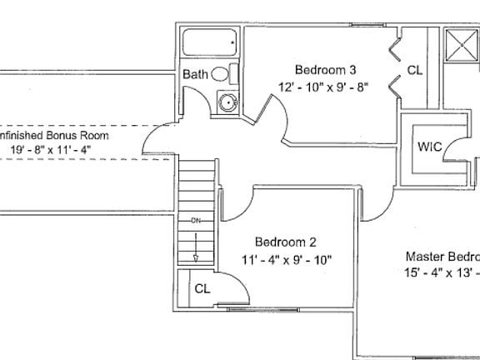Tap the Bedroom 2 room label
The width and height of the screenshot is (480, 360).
(x=285, y=242)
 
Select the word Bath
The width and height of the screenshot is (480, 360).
(x=196, y=75)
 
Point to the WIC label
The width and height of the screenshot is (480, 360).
(x=430, y=147)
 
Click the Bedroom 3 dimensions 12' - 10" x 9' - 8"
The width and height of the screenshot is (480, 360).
(x=325, y=85)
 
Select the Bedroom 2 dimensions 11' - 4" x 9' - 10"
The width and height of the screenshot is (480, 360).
(x=286, y=259)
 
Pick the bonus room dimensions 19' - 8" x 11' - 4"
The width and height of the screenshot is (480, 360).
(x=50, y=150)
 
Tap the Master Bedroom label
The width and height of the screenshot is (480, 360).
(x=442, y=257)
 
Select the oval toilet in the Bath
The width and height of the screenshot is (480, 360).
(x=220, y=74)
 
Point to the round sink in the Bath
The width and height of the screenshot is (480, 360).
(x=226, y=103)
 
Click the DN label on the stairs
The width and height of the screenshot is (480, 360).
(x=195, y=221)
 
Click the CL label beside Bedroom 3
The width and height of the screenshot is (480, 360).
(x=414, y=70)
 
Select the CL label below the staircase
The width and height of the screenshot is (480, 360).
(x=202, y=288)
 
